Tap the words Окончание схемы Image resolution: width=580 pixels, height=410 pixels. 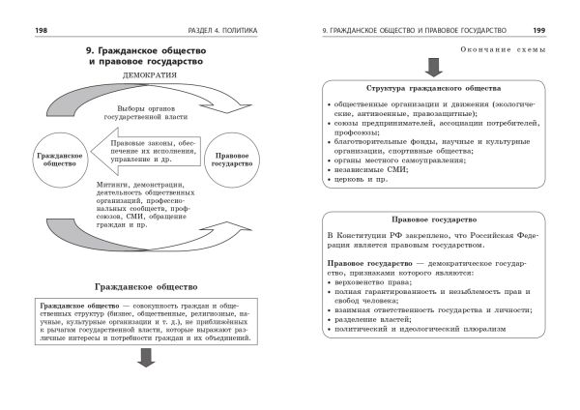click(x=496, y=47)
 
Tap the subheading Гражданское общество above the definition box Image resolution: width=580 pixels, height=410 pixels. click(x=148, y=287)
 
